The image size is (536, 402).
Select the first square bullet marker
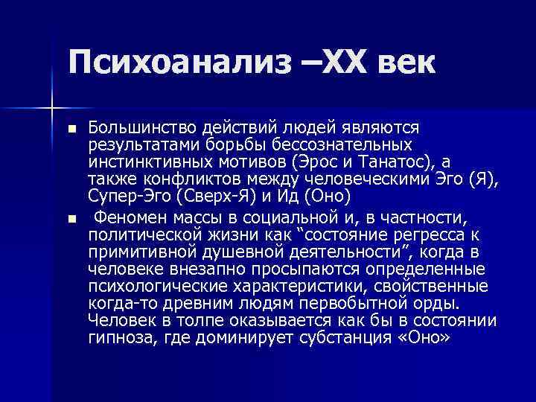[x=71, y=130]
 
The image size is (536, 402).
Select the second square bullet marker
[x=71, y=219]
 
